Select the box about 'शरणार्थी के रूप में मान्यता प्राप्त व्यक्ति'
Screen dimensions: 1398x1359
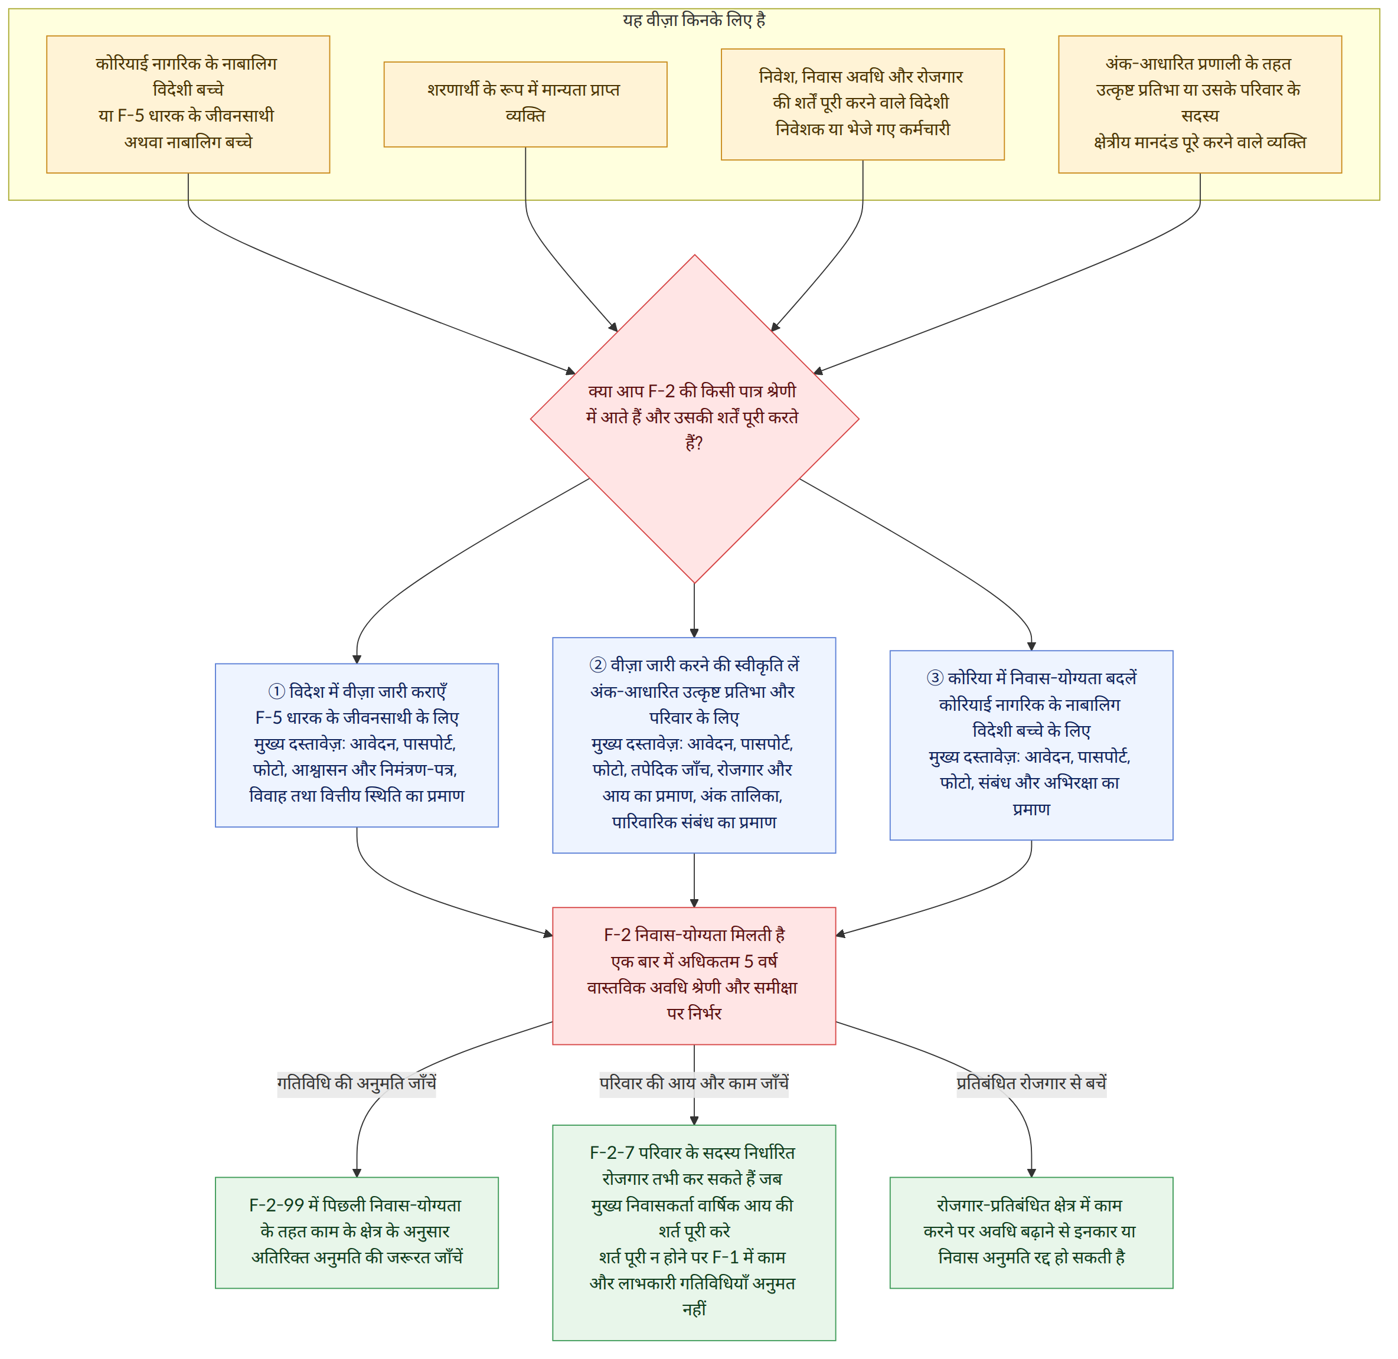(x=529, y=105)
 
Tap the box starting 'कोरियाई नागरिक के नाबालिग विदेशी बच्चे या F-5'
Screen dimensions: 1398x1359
(x=189, y=105)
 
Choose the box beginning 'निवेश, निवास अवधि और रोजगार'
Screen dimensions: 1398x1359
(x=868, y=105)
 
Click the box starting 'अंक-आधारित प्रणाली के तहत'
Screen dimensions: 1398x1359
(x=1207, y=105)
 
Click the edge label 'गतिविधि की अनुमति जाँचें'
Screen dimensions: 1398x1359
(x=359, y=1090)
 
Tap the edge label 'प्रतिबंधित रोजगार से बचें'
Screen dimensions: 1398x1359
(x=1038, y=1090)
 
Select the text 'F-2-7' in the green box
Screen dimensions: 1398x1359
(x=616, y=1161)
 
